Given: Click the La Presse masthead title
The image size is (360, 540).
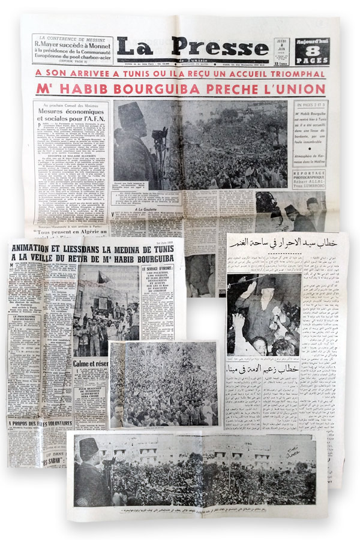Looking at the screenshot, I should tap(192, 48).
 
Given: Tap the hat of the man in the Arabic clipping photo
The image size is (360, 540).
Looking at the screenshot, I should tap(264, 283).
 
